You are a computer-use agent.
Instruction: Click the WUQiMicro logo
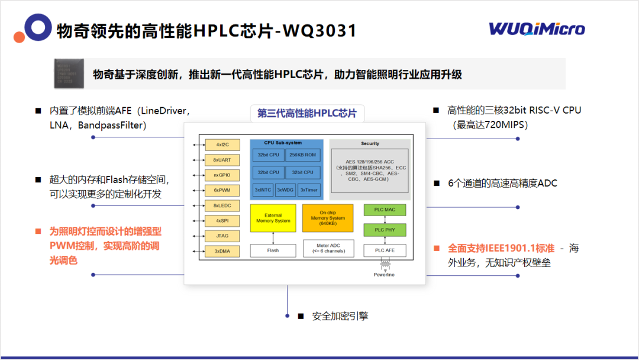click(x=537, y=29)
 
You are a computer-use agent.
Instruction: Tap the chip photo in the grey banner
click(x=69, y=74)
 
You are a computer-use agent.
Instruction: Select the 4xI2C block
click(x=222, y=144)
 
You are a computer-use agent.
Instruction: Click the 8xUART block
click(x=222, y=160)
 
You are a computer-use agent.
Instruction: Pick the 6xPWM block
click(x=222, y=190)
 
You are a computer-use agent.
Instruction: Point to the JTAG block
click(x=222, y=236)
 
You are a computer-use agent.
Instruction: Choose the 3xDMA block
click(x=222, y=251)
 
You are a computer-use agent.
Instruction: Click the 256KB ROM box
click(x=302, y=155)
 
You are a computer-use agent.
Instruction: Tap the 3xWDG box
click(x=285, y=189)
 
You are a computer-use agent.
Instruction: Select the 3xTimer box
click(x=309, y=189)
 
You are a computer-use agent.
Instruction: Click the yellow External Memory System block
click(x=273, y=218)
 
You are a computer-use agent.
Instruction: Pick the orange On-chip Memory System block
click(x=327, y=218)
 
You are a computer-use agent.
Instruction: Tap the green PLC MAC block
click(x=385, y=210)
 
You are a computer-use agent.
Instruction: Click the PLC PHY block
click(x=385, y=230)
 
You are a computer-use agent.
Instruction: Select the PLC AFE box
click(x=385, y=250)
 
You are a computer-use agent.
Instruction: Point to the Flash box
click(x=273, y=250)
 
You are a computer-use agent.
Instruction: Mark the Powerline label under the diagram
click(x=384, y=275)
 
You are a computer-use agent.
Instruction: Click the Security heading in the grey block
click(x=370, y=144)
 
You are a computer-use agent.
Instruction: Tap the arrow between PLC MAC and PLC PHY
click(x=385, y=220)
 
